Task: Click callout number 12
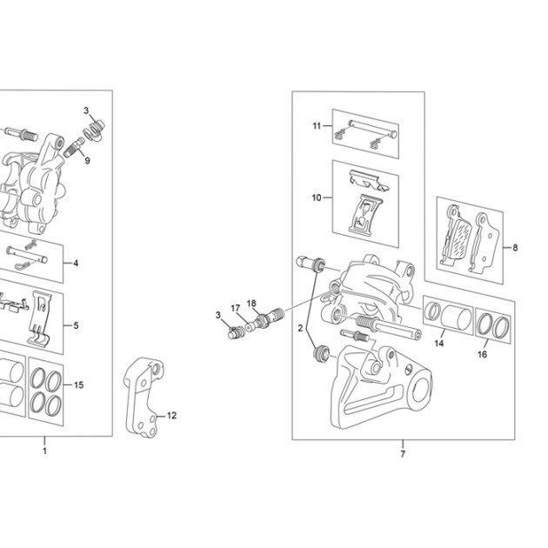(x=171, y=416)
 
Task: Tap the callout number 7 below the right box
(x=403, y=454)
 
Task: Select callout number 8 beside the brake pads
(x=515, y=248)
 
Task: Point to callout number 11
(x=317, y=126)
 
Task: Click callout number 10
(x=317, y=197)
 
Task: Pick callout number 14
(x=439, y=344)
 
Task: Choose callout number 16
(x=482, y=354)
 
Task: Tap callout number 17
(x=236, y=308)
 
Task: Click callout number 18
(x=251, y=304)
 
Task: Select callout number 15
(x=79, y=384)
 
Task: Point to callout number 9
(x=87, y=160)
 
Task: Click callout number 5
(x=76, y=325)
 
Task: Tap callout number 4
(x=76, y=264)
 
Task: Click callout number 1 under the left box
(x=44, y=451)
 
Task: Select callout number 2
(x=300, y=328)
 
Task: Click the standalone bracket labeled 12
(x=144, y=398)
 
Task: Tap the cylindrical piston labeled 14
(x=456, y=317)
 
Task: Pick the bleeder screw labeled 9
(x=74, y=148)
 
